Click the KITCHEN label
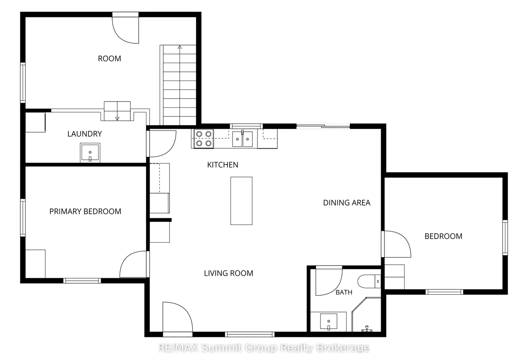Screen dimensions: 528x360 pos(222,165)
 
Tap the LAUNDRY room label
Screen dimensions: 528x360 pos(85,134)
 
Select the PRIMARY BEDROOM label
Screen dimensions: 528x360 pos(85,211)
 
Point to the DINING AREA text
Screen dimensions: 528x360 pos(346,203)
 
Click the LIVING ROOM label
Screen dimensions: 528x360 pos(229,273)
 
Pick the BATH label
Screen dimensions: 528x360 pos(344,292)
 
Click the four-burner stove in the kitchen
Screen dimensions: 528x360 pos(204,139)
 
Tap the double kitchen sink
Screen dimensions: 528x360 pos(242,139)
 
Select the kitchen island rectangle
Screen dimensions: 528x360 pos(241,201)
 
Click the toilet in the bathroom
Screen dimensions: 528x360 pos(369,281)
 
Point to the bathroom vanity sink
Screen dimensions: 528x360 pos(329,321)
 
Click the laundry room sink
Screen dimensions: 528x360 pos(90,152)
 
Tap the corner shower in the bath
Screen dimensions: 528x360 pos(366,315)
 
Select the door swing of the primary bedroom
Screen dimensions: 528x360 pos(133,264)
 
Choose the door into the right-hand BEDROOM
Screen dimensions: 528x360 pos(396,244)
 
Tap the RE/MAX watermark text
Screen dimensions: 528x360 pos(264,348)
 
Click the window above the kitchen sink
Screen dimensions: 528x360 pos(246,126)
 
